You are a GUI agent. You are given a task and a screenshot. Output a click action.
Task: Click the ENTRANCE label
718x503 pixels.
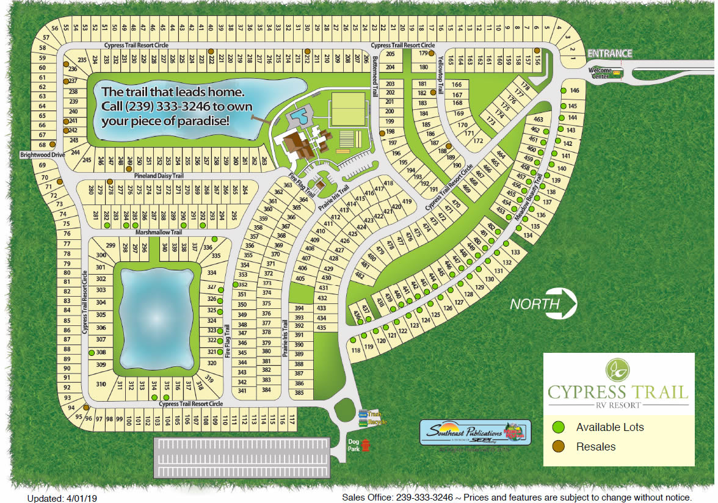[x=609, y=54]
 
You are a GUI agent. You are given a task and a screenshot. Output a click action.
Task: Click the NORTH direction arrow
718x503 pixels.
[x=543, y=303]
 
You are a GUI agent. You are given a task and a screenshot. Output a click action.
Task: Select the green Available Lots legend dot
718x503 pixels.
[x=559, y=427]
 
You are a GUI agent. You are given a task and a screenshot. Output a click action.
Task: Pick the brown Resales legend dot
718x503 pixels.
[x=559, y=447]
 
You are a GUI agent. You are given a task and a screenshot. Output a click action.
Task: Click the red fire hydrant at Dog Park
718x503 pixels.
[x=366, y=446]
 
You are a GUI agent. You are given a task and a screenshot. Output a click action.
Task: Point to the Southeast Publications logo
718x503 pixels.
[x=474, y=433]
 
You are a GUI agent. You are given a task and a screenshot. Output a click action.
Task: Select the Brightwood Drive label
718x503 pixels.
[x=42, y=155]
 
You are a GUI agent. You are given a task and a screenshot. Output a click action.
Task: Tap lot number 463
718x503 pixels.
[x=538, y=120]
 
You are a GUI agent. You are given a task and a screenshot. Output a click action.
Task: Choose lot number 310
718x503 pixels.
[x=101, y=384]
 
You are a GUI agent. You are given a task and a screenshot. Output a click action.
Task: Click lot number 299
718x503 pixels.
[x=111, y=245]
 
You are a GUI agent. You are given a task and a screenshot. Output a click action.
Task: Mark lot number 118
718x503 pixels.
[x=356, y=350]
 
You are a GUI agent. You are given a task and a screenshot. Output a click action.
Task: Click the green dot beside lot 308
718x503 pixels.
[x=91, y=353]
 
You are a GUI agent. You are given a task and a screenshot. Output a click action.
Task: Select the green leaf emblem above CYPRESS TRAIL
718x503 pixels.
[x=618, y=369]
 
